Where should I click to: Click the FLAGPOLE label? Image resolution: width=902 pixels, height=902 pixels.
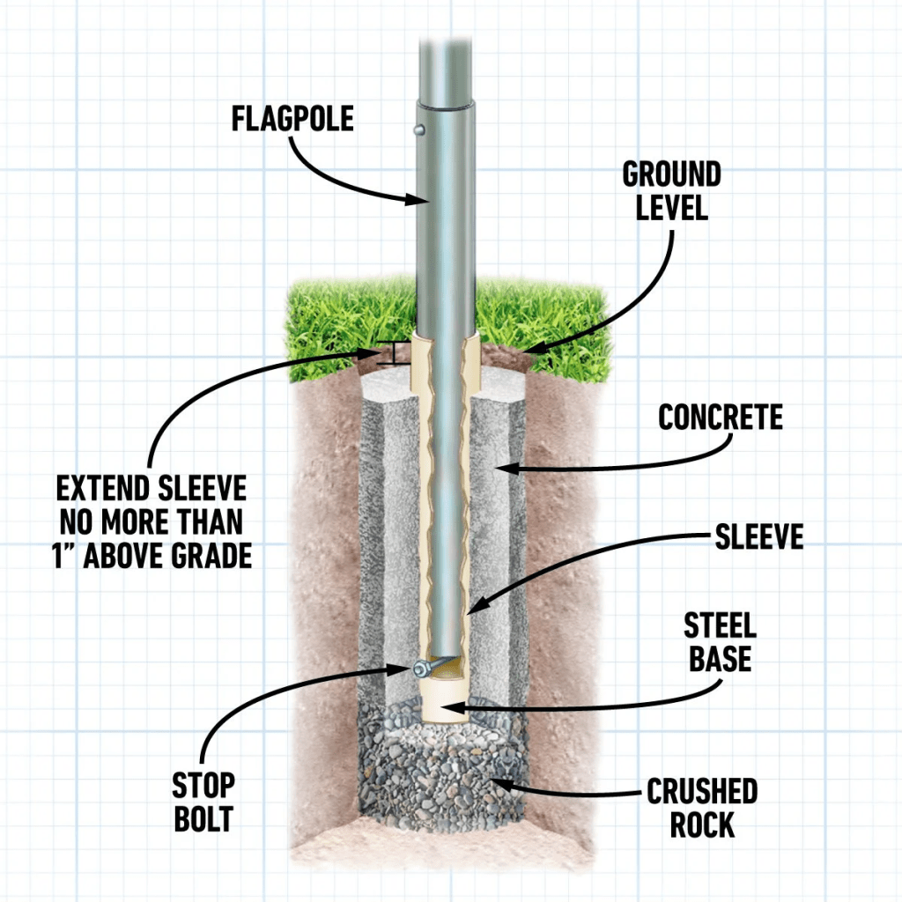pos(292,118)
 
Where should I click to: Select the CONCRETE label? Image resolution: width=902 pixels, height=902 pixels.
pos(721,418)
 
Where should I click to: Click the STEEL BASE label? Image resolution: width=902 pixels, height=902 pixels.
pos(720,642)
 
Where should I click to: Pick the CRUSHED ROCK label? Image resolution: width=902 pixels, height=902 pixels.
pos(702,808)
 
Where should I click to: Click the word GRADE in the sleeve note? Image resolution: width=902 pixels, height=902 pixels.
pos(211,556)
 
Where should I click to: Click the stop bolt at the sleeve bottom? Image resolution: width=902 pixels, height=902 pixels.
pos(420,667)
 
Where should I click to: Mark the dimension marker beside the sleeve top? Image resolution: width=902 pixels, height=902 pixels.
pos(384,353)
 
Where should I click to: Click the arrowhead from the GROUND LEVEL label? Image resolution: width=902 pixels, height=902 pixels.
pos(529,349)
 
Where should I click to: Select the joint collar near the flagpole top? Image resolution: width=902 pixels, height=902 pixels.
pos(447,108)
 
